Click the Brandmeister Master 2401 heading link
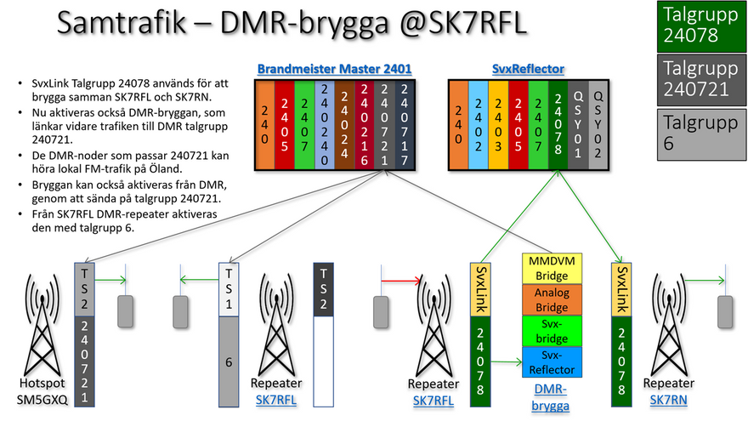(x=334, y=69)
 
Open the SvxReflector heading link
(x=528, y=69)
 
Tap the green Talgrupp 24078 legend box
(x=701, y=26)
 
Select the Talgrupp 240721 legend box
(x=701, y=80)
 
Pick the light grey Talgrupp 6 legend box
(x=701, y=134)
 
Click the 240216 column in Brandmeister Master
(x=365, y=125)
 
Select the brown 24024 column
(x=344, y=125)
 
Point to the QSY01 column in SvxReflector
(x=578, y=125)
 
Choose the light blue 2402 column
(x=479, y=125)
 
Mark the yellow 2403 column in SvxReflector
(x=498, y=125)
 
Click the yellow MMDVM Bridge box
(x=552, y=269)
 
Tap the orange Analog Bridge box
(x=552, y=299)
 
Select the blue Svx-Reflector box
(x=552, y=361)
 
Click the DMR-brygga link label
(x=551, y=397)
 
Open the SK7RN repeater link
(x=668, y=400)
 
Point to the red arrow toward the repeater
(x=401, y=280)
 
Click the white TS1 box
(x=229, y=289)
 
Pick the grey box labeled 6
(x=229, y=361)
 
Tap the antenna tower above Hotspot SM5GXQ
(x=42, y=325)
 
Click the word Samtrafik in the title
(x=122, y=22)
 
